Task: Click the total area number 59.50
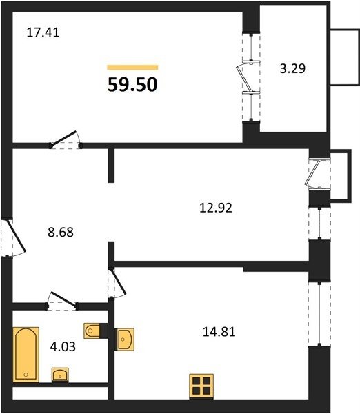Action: click(132, 84)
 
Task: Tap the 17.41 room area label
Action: click(43, 32)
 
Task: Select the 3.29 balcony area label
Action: click(292, 68)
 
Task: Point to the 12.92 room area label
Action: click(216, 208)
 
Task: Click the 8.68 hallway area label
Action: click(61, 233)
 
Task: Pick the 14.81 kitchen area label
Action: click(219, 332)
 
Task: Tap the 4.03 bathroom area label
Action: click(63, 346)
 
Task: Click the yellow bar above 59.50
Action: click(132, 68)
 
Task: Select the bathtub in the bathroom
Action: click(26, 355)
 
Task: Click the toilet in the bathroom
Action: click(92, 331)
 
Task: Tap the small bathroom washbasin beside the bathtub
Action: click(60, 375)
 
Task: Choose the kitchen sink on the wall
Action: click(126, 339)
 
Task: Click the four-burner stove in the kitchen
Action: click(201, 386)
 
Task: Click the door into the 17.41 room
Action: click(65, 139)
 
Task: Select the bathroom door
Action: click(63, 299)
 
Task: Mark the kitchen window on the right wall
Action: click(319, 314)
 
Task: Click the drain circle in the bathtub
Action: click(26, 375)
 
